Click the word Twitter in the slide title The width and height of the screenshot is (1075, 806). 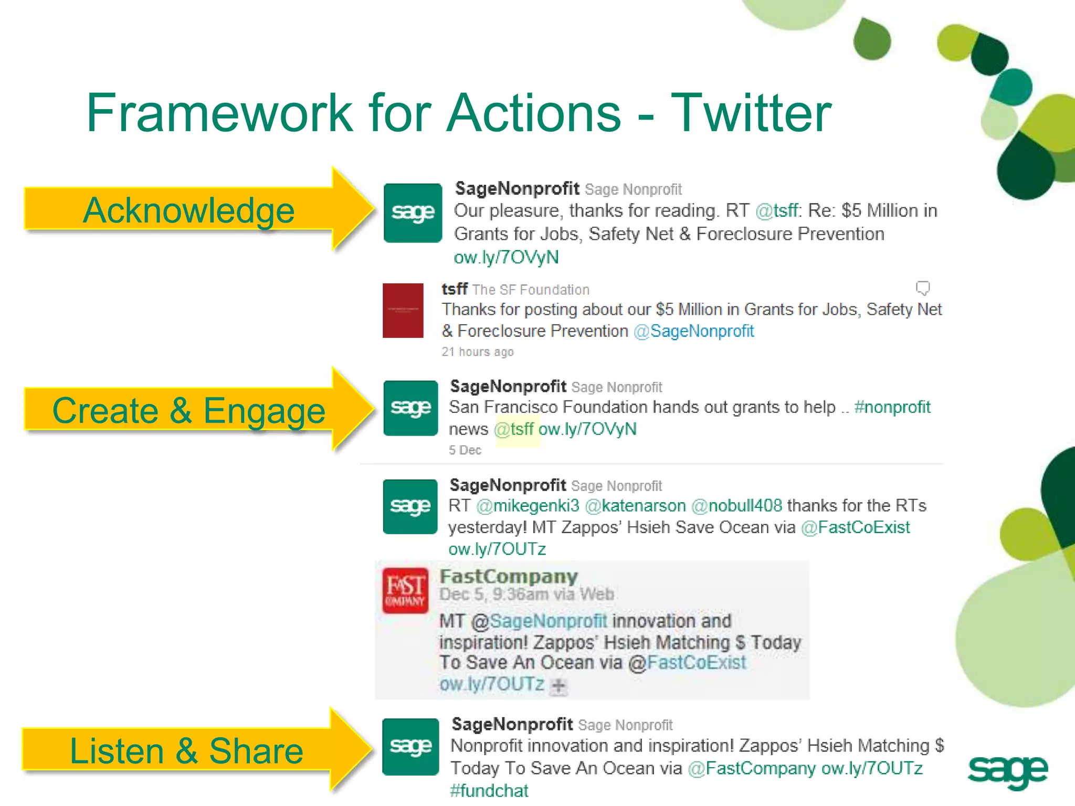coord(751,113)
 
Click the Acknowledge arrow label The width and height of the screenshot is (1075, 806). coord(189,210)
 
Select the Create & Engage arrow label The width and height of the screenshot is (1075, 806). coord(189,410)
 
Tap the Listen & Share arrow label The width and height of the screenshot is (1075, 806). coord(186,750)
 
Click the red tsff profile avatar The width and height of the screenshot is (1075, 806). coord(403,310)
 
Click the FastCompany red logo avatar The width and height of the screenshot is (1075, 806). coord(405,590)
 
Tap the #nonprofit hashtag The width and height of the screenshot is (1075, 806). coord(892,407)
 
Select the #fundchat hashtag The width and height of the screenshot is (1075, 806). coord(489,790)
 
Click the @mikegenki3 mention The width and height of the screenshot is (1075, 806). coord(528,505)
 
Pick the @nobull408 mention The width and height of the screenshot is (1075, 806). coord(736,505)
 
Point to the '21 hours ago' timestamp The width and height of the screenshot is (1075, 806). coord(477,352)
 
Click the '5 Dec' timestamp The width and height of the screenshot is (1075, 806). coord(465,450)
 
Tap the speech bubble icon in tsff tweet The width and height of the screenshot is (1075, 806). coord(922,288)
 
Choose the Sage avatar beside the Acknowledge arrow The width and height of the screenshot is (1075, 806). coord(413,213)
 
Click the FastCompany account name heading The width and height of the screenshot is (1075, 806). coord(508,576)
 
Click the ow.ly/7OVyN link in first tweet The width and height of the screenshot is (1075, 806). coord(506,257)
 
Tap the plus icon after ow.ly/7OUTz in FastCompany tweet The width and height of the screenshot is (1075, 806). coord(559,685)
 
